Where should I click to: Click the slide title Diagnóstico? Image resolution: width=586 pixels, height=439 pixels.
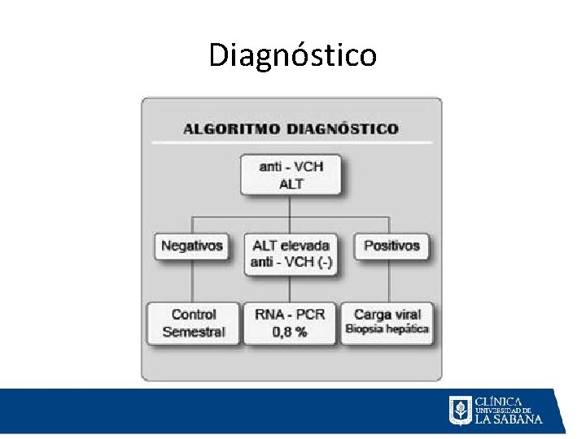tap(292, 55)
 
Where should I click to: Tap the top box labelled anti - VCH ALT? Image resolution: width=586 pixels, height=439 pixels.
tap(291, 175)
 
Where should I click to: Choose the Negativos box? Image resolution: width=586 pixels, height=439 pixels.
tap(192, 246)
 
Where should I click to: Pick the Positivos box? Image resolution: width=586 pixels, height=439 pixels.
tap(391, 246)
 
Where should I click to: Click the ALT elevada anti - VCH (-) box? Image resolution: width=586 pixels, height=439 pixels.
tap(291, 253)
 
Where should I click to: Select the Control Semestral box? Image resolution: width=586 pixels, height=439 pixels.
tap(194, 323)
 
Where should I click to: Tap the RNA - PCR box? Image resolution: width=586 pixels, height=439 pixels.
tap(291, 323)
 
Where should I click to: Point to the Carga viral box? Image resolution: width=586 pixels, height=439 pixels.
tap(387, 323)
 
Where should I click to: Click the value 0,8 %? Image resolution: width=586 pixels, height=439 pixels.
tap(291, 332)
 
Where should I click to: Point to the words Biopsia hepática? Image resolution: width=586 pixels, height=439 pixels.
tap(387, 329)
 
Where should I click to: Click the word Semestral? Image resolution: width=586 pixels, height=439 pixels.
tap(194, 332)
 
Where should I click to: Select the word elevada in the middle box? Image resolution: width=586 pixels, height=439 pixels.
tap(308, 245)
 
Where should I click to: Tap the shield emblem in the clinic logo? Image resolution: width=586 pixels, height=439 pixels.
tap(460, 411)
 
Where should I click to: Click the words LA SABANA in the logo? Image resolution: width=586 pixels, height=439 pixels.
tap(509, 419)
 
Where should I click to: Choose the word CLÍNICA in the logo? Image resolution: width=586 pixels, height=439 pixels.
tap(498, 401)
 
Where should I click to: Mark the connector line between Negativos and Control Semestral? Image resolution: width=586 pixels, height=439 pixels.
tap(192, 281)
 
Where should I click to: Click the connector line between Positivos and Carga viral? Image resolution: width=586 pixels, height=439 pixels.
tap(389, 281)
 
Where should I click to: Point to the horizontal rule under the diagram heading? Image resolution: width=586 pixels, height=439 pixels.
tap(291, 143)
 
